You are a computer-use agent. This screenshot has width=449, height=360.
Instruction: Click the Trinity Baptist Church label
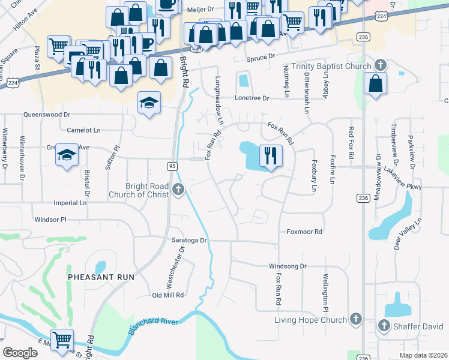pos(333,65)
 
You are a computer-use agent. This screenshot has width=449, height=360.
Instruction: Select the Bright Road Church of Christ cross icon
pos(178,190)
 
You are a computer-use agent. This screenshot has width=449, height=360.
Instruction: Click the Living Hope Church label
pos(311,320)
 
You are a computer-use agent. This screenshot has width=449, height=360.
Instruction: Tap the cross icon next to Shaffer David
pos(385,325)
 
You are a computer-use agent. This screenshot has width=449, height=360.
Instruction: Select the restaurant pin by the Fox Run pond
pos(270,156)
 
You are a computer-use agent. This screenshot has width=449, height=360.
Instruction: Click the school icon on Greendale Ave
pos(67,155)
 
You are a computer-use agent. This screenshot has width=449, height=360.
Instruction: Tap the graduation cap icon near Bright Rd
pos(149,103)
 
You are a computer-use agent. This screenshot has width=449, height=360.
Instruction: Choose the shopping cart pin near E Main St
pos(62,340)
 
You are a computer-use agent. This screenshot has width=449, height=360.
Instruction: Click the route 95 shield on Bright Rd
pos(172,165)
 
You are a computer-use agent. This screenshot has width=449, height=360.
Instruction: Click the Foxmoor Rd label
pos(304,232)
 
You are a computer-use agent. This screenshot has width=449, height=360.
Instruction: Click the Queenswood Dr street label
pos(46,114)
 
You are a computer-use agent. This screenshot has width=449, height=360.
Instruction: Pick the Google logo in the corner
pos(20,353)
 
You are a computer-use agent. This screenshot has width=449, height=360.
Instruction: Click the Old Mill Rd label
pos(167,295)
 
